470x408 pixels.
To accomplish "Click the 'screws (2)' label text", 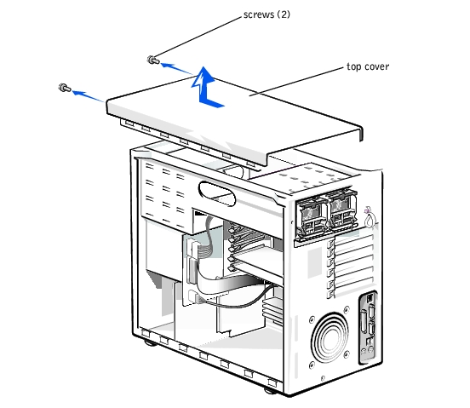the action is (267, 14).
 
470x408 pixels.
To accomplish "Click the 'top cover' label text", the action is (368, 66).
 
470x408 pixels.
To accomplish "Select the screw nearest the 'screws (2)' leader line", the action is (153, 60).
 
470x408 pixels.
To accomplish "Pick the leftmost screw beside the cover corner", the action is (65, 88).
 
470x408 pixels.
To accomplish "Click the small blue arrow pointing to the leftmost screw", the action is (88, 96).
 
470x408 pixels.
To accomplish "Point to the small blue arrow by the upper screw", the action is (177, 68).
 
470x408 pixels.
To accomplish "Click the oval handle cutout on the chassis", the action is (217, 193).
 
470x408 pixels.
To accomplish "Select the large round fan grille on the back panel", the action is (330, 337).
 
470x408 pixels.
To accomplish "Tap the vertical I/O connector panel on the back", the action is (368, 327).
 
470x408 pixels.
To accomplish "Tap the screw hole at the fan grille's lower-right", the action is (347, 354).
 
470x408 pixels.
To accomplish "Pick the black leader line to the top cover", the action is (296, 82).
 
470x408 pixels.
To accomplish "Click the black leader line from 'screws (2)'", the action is (198, 37).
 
